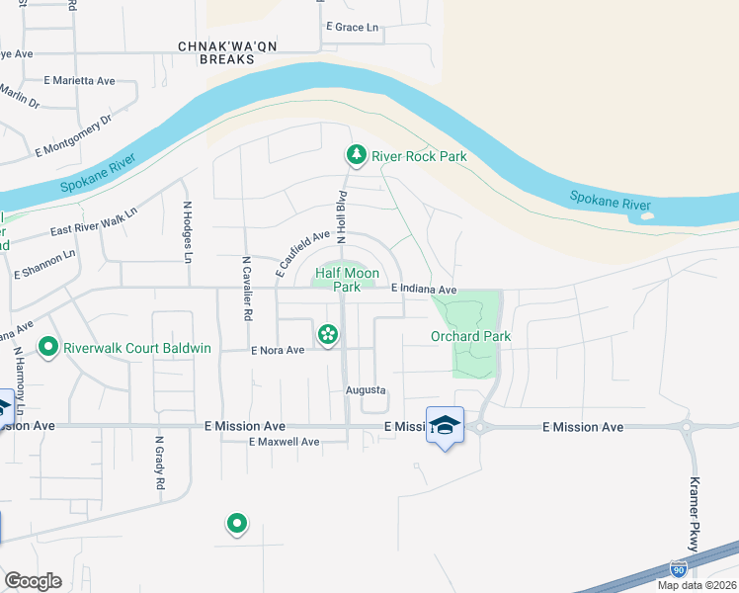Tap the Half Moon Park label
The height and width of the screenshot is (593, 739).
click(338, 279)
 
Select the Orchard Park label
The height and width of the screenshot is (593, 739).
click(470, 336)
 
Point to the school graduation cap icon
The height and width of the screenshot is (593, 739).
click(445, 424)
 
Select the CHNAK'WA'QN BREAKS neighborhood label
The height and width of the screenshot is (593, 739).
click(215, 52)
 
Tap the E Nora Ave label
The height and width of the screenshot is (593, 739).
click(278, 350)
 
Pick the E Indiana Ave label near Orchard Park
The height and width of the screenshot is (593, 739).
click(423, 290)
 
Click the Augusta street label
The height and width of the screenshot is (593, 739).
click(365, 390)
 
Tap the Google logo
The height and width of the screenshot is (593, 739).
click(33, 580)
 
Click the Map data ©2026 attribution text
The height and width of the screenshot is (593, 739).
click(696, 585)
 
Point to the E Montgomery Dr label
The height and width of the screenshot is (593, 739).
click(74, 135)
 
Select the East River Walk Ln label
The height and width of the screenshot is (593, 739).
click(94, 223)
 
